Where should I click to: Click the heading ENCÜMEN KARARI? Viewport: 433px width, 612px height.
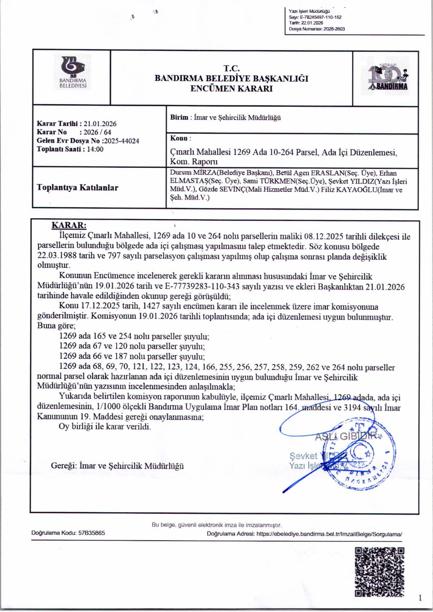click(231, 89)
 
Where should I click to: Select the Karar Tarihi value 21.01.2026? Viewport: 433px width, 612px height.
click(100, 124)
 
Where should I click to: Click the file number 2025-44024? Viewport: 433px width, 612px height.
click(121, 141)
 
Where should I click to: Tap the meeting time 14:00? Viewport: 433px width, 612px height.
click(95, 149)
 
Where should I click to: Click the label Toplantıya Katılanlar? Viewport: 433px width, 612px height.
click(77, 187)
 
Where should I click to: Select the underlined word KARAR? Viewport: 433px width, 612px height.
click(69, 225)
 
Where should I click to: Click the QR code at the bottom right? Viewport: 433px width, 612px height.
click(380, 572)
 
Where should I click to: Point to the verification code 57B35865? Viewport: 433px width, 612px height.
click(91, 533)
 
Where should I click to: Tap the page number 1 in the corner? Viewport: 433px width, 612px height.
click(420, 598)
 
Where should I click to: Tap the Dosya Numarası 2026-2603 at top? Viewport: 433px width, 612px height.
click(334, 29)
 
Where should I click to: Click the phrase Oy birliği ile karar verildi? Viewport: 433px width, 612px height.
click(105, 427)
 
